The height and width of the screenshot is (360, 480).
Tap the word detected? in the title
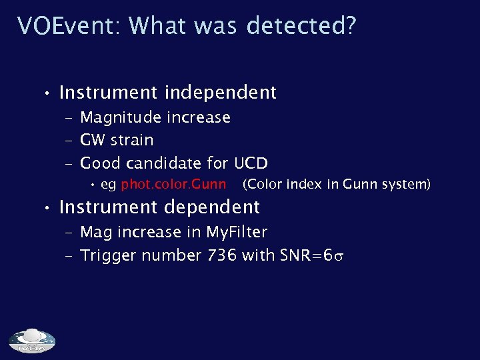pos(301,26)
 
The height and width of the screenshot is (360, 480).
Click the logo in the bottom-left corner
pos(32,341)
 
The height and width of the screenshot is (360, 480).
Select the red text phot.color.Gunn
pos(173,184)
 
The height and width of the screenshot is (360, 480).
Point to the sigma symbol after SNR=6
pos(340,256)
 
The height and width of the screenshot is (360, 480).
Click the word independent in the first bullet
pos(220,93)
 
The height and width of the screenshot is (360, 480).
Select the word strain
pos(133,141)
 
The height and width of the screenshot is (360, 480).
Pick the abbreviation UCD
pos(251,163)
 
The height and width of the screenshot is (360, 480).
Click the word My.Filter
pos(237,232)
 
